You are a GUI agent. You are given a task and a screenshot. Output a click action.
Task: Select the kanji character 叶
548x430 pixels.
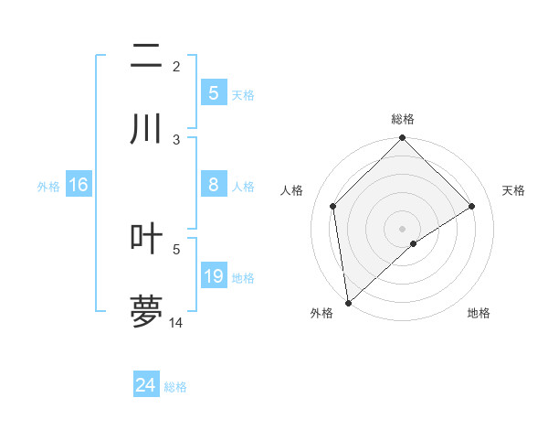[145, 238]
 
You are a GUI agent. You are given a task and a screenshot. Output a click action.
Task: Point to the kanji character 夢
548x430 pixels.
[145, 311]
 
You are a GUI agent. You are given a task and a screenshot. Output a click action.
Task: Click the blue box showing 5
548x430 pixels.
[213, 92]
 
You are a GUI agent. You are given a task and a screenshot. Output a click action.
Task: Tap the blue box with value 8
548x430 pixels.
[213, 185]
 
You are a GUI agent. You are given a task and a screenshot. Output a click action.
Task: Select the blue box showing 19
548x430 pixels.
[213, 276]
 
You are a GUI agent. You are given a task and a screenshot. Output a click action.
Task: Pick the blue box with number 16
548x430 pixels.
[79, 185]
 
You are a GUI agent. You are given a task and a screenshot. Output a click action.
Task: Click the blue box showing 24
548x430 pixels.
[145, 385]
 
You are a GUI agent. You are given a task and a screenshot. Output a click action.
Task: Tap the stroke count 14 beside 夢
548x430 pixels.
[176, 322]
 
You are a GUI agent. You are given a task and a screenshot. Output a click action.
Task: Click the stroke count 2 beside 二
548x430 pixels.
[176, 66]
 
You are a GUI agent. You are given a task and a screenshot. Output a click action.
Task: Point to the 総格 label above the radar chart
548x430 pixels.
[403, 120]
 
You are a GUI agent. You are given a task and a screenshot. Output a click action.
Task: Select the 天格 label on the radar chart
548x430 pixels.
[513, 190]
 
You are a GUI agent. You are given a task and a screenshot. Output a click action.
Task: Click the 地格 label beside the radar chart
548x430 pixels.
[479, 313]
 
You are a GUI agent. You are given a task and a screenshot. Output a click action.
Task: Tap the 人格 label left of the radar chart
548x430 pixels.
[292, 190]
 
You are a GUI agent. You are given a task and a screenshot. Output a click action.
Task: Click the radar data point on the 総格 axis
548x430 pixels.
[403, 139]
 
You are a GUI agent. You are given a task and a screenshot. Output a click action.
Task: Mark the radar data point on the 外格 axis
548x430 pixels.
[347, 303]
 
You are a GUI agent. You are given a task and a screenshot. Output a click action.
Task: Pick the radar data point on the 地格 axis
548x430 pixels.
[414, 243]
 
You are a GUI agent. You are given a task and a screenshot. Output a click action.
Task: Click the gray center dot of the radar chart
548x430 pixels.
[403, 228]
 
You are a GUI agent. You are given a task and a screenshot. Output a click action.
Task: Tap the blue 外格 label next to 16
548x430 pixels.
[48, 186]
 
